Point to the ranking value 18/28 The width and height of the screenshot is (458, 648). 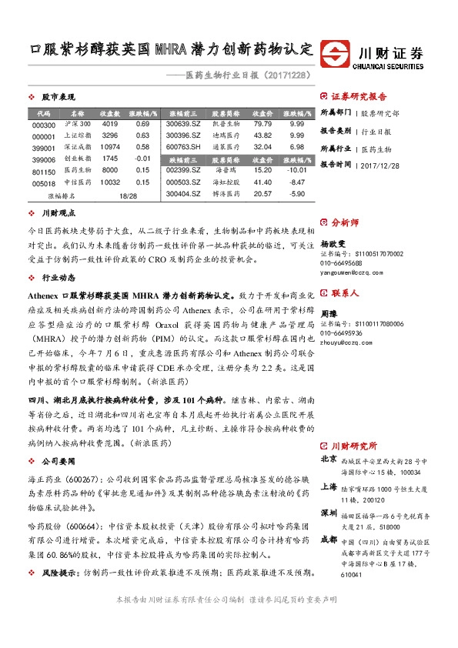coord(128,196)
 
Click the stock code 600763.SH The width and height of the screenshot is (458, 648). coord(183,146)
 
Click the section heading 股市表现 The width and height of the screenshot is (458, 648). coord(58,98)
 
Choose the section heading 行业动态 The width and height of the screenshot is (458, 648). coord(58,276)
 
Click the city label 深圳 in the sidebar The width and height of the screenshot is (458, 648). coord(328,512)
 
